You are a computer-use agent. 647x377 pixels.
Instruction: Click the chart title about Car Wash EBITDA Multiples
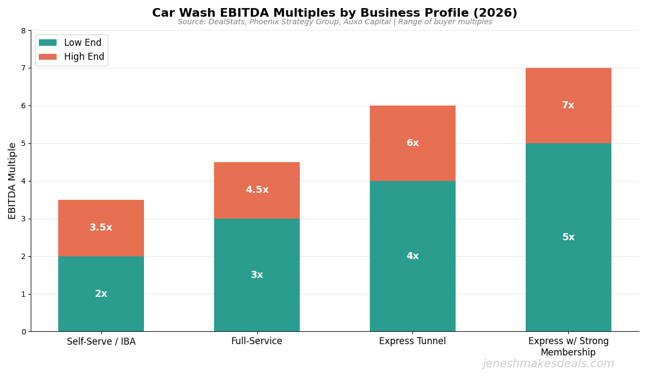click(x=334, y=13)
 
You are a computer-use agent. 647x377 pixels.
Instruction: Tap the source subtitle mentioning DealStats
click(x=334, y=22)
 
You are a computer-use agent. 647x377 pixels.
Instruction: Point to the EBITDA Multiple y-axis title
click(x=12, y=180)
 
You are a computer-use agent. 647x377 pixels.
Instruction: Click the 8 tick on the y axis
click(x=23, y=31)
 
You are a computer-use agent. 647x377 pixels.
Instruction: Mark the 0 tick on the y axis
click(x=23, y=332)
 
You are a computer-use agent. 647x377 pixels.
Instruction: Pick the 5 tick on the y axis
click(x=23, y=144)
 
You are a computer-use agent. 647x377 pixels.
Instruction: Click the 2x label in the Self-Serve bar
click(x=101, y=294)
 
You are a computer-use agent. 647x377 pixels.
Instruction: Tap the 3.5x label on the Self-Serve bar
click(x=101, y=228)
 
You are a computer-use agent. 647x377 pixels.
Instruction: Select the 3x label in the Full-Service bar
click(x=257, y=275)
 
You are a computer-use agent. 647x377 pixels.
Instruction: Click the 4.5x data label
click(x=257, y=190)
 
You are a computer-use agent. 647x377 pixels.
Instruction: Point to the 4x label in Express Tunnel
click(x=412, y=256)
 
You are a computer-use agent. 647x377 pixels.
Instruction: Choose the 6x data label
click(x=412, y=143)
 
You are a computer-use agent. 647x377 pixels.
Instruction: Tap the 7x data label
click(x=568, y=106)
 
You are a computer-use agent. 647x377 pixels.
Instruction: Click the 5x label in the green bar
click(x=568, y=238)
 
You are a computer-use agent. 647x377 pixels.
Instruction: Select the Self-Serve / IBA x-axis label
click(x=101, y=341)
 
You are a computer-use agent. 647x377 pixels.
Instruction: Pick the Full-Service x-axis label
click(x=257, y=341)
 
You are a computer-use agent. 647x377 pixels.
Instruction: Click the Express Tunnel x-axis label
click(x=412, y=341)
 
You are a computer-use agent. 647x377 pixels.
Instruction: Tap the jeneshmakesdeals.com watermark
click(x=548, y=364)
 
